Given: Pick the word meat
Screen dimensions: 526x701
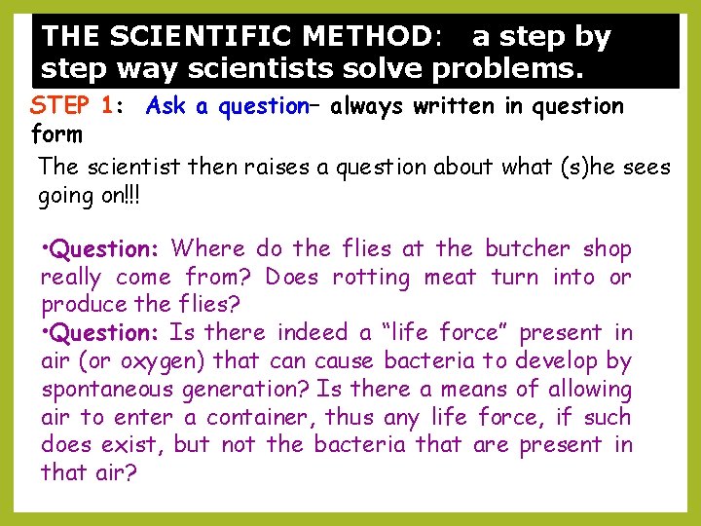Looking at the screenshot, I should tap(451, 278).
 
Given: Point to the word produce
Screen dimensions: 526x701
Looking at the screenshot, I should tap(78, 305).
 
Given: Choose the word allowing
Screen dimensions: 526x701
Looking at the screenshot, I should tap(587, 390).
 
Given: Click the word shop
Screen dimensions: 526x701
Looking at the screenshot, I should tap(608, 249).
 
